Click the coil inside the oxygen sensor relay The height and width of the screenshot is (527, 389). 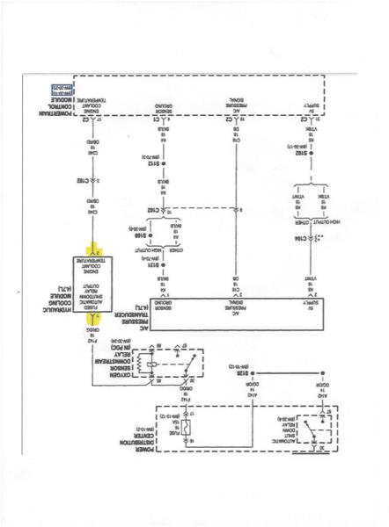pos(156,365)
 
